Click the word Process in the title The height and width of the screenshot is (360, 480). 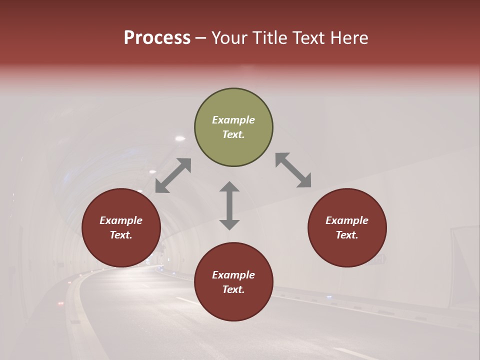pyautogui.click(x=157, y=38)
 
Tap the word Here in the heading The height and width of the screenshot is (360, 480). pyautogui.click(x=348, y=38)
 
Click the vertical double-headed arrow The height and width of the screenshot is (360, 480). pyautogui.click(x=229, y=205)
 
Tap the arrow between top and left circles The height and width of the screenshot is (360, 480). pyautogui.click(x=173, y=175)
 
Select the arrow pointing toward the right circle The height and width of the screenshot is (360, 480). pyautogui.click(x=293, y=170)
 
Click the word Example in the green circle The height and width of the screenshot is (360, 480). pyautogui.click(x=233, y=120)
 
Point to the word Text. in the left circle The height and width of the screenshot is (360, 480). pyautogui.click(x=121, y=235)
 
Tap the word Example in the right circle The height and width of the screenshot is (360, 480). pyautogui.click(x=347, y=220)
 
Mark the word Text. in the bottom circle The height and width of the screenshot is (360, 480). pyautogui.click(x=233, y=289)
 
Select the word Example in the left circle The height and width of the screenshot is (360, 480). pyautogui.click(x=121, y=220)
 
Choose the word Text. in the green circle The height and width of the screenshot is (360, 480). pyautogui.click(x=233, y=134)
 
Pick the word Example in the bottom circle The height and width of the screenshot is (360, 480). pyautogui.click(x=233, y=275)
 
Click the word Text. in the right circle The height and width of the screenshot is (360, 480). pyautogui.click(x=347, y=235)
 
